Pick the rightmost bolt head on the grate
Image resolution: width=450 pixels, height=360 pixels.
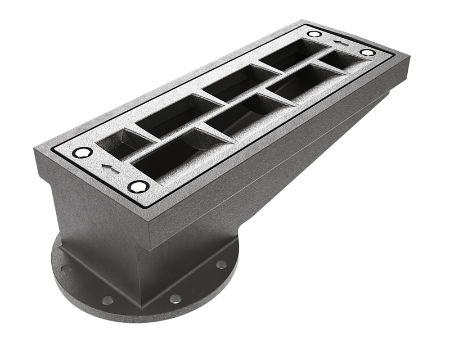(x=367, y=52)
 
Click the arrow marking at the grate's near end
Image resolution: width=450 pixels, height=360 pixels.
(x=106, y=166)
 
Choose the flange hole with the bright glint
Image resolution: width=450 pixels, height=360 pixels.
(x=176, y=298)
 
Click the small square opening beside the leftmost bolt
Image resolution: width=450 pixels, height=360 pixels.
(x=120, y=143)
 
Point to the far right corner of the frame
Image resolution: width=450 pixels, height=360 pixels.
(x=408, y=56)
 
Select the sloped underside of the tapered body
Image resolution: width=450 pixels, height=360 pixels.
(x=292, y=169)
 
